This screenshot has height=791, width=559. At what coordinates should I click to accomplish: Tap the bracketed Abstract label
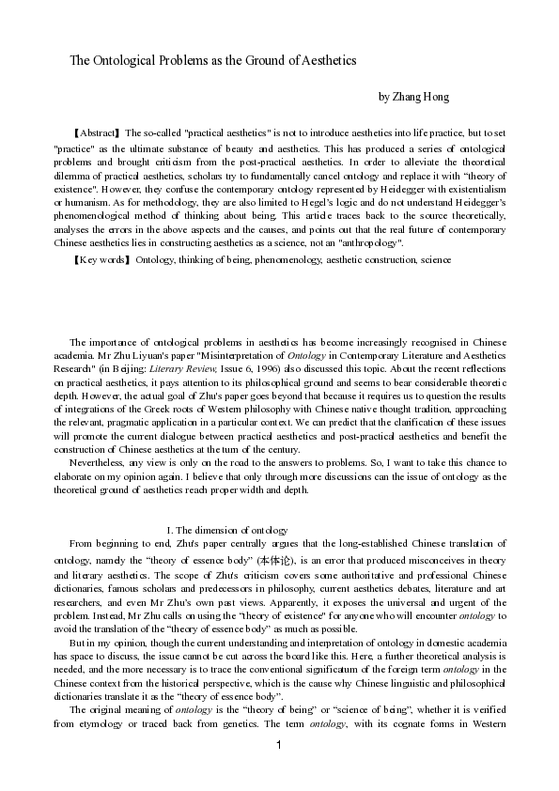tap(97, 133)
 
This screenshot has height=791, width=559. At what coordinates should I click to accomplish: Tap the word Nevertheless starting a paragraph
tap(101, 462)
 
